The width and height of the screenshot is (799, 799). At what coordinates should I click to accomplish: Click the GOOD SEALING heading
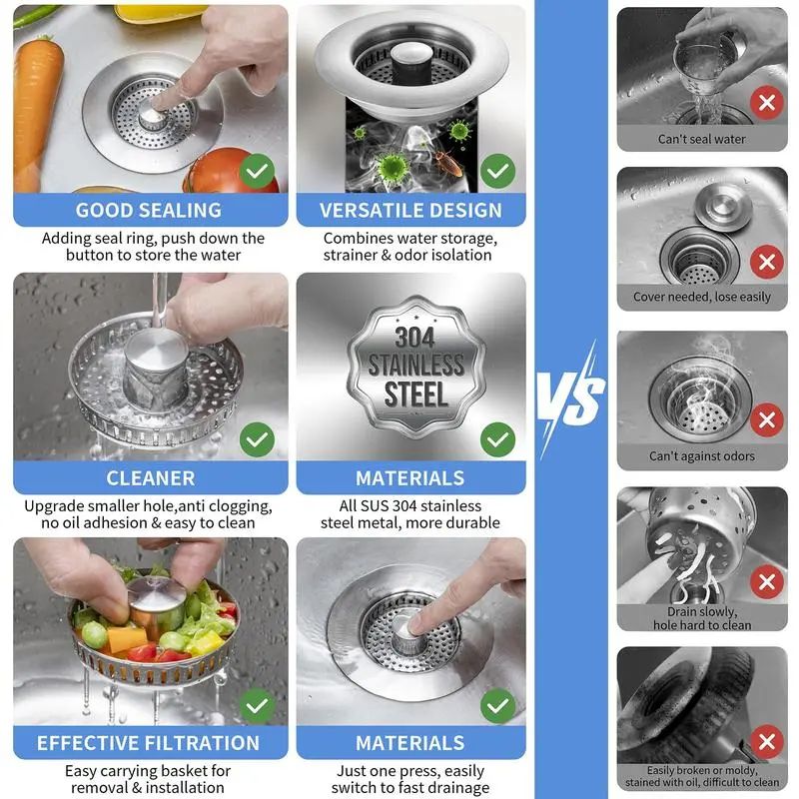pos(149,210)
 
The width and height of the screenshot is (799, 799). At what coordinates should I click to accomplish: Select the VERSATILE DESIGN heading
pos(410,210)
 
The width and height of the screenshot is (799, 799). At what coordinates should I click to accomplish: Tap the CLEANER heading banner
pos(150,477)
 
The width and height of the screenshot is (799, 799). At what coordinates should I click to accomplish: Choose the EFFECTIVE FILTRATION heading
pos(149,743)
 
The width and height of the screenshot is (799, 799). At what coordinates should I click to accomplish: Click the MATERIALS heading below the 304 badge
pos(410,477)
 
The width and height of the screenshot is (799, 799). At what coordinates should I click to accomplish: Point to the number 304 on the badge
pos(414,337)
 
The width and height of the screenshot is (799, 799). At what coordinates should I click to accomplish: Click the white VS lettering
pos(571,397)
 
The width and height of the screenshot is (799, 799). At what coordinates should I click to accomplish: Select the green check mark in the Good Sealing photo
pos(259,171)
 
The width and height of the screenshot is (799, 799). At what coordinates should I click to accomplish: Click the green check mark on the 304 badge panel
pos(497,437)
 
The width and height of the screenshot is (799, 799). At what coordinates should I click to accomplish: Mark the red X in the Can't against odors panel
pos(767,419)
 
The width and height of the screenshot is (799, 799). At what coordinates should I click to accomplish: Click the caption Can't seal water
pos(701,139)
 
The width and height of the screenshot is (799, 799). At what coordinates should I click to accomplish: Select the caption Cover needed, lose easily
pos(701,297)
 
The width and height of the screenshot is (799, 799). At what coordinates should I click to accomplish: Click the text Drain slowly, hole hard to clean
pos(701,618)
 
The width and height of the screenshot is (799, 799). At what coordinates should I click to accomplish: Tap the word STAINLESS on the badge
pos(414,365)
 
